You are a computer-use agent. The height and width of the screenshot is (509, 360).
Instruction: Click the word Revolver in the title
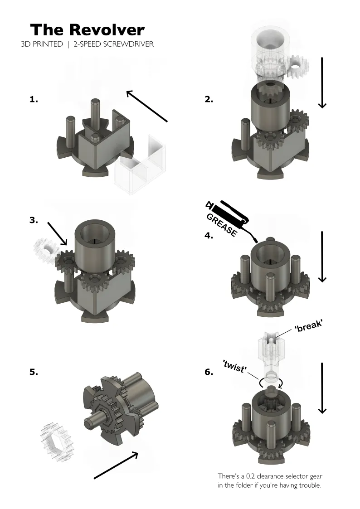coord(107,30)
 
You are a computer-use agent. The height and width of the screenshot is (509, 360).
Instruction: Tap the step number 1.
coord(34,99)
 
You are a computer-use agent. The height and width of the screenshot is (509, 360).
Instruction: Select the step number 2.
coord(209,99)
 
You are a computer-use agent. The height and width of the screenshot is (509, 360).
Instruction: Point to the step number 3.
coord(34,220)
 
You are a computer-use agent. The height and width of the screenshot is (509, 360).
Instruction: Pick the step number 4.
coord(209,235)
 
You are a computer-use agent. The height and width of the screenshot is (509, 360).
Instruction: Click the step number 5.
coord(34,372)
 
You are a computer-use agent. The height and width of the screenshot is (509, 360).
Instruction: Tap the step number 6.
coord(209,372)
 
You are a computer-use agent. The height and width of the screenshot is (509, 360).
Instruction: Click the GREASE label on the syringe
coord(222,225)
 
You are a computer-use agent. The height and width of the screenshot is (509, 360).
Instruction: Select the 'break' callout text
coord(308,326)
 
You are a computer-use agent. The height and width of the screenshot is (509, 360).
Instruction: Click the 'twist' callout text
coord(234,367)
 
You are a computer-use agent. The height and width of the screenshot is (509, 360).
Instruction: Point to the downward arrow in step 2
coord(322,83)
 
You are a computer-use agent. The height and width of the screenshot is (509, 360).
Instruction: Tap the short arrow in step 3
coord(58,234)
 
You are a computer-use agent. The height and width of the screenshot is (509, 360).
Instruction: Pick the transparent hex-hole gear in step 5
coord(58,441)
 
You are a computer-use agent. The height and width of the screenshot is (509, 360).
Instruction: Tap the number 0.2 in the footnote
coord(250,476)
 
